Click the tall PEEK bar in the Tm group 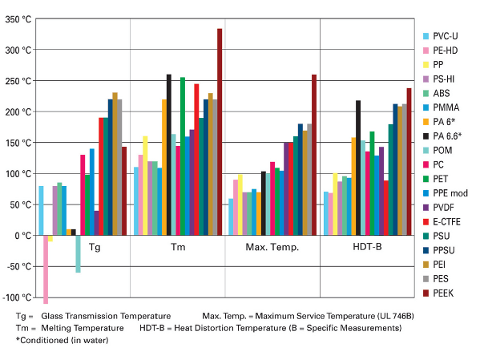click(x=220, y=132)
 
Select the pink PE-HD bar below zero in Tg click(x=46, y=269)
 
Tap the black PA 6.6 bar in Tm click(x=169, y=155)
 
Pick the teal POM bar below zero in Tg click(x=78, y=253)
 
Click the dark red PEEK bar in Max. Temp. click(x=314, y=155)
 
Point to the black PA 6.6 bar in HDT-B click(x=358, y=168)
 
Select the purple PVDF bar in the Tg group click(x=96, y=223)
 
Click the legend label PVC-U click(x=446, y=36)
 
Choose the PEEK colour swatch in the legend click(x=426, y=293)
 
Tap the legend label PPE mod click(x=450, y=193)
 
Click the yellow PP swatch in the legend click(x=426, y=65)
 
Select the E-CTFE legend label click(x=446, y=222)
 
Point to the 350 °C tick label click(x=18, y=19)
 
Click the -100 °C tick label click(x=17, y=297)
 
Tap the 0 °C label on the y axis click(x=23, y=236)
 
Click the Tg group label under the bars click(x=95, y=247)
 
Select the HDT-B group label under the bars click(x=367, y=247)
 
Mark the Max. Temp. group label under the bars click(x=272, y=247)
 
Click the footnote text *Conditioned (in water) click(x=63, y=340)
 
